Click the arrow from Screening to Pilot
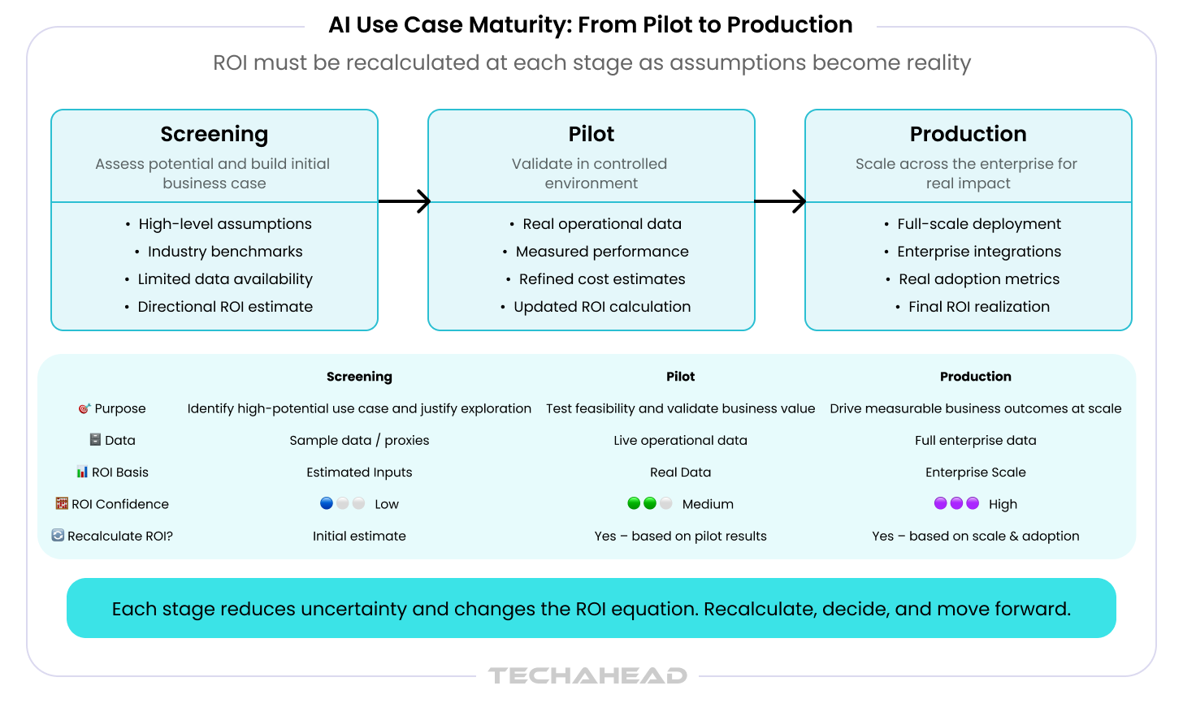[405, 201]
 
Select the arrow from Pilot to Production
[780, 201]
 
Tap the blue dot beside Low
[327, 503]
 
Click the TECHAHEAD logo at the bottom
[587, 675]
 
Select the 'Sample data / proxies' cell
[359, 440]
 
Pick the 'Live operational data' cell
[680, 440]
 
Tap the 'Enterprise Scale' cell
[976, 472]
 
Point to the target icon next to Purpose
[84, 408]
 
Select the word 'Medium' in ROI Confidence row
[708, 504]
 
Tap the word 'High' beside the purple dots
[1003, 504]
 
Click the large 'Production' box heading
[968, 134]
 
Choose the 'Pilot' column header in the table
[680, 377]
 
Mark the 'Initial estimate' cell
[359, 536]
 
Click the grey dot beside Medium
[666, 503]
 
